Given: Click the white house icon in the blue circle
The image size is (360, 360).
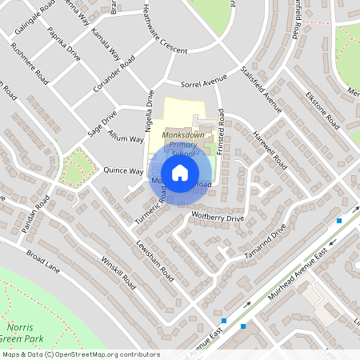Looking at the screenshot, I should point(179,173).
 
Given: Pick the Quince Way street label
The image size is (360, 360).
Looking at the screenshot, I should point(123,170).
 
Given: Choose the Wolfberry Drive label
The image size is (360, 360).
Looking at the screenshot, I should point(218,217).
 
